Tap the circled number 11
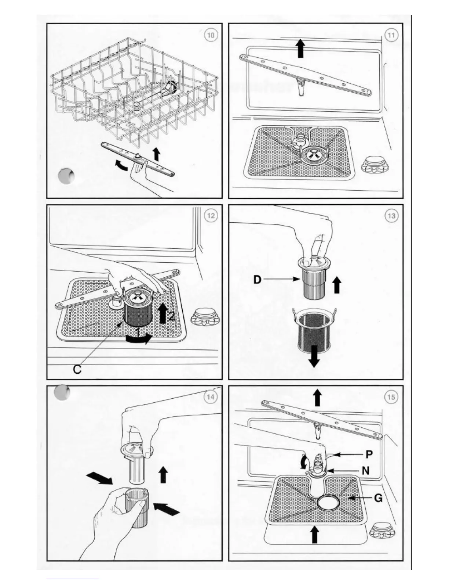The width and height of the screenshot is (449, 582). pyautogui.click(x=392, y=35)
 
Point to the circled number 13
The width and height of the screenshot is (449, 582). pyautogui.click(x=391, y=216)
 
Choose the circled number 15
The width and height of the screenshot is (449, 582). pyautogui.click(x=391, y=397)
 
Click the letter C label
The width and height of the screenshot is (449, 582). pyautogui.click(x=77, y=369)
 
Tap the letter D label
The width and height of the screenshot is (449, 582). pyautogui.click(x=258, y=280)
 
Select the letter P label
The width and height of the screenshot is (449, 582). pyautogui.click(x=369, y=455)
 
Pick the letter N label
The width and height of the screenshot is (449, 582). pyautogui.click(x=366, y=470)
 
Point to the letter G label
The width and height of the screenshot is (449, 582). pyautogui.click(x=378, y=498)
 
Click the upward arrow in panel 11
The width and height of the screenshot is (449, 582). pyautogui.click(x=300, y=48)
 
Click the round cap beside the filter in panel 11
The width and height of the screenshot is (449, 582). pyautogui.click(x=376, y=164)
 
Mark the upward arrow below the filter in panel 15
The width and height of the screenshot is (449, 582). pyautogui.click(x=314, y=533)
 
